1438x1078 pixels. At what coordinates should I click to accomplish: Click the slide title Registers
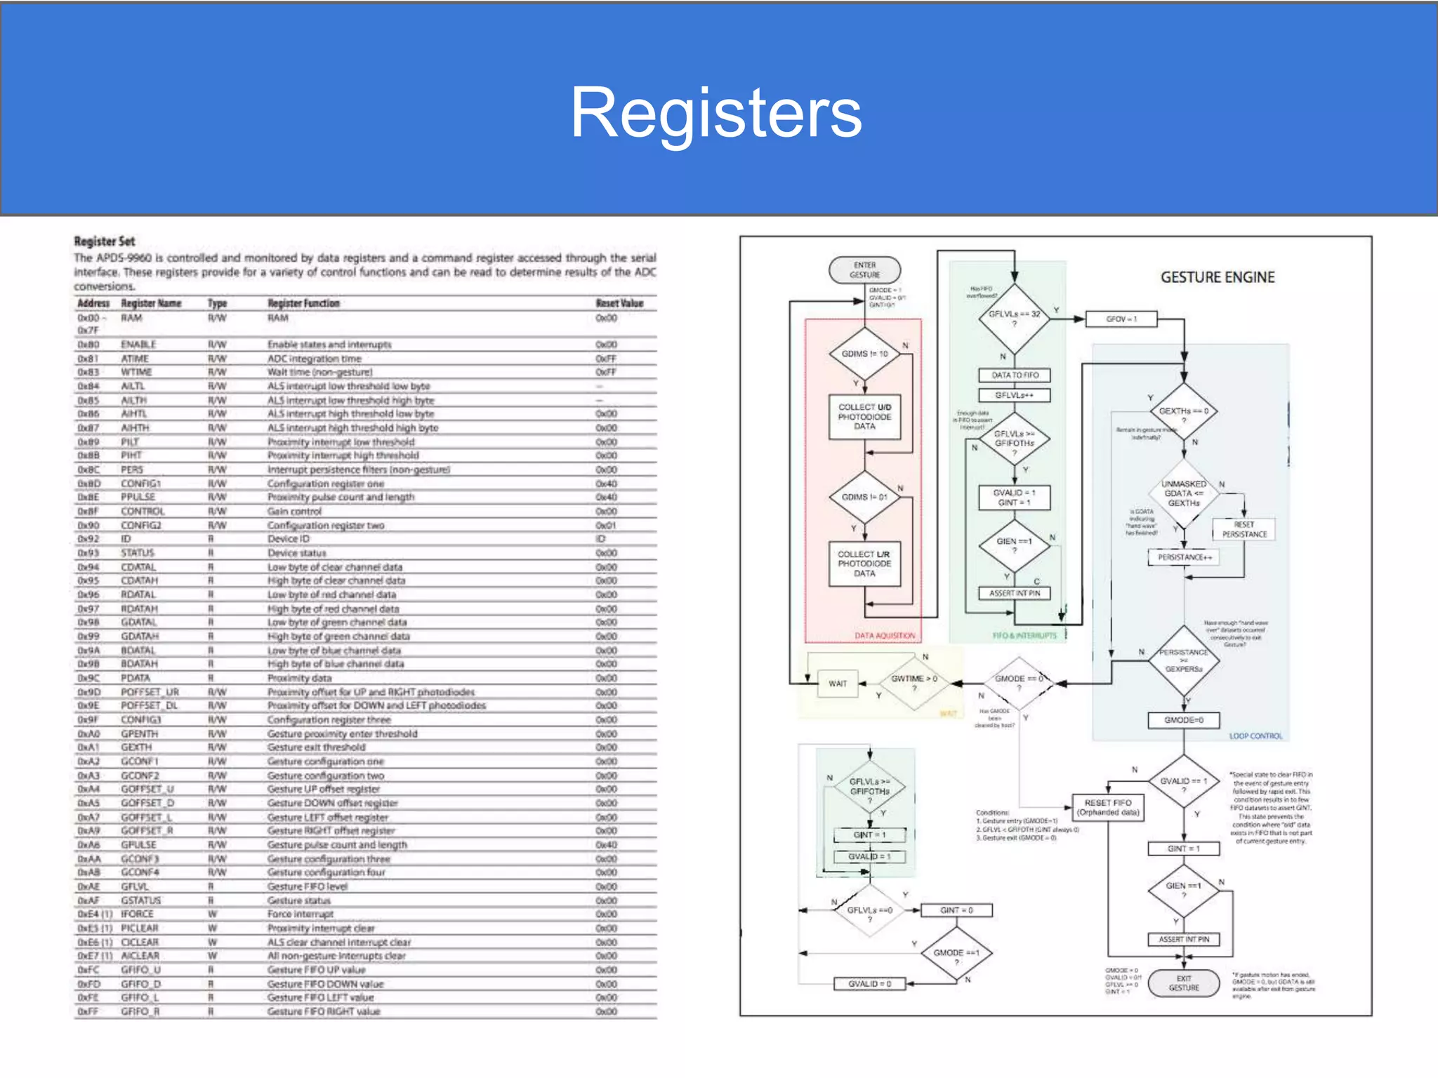pos(715,112)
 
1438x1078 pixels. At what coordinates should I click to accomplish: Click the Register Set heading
pos(105,241)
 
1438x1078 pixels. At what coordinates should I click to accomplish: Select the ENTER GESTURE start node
pos(864,269)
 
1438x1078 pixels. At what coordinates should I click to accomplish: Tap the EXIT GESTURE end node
pos(1183,983)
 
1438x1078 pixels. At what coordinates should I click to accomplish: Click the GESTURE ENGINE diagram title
pos(1217,277)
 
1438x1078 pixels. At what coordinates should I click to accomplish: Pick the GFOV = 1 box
pos(1121,319)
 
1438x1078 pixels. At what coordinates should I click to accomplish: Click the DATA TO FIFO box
pos(1015,375)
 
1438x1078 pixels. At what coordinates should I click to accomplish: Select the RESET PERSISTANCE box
pos(1244,529)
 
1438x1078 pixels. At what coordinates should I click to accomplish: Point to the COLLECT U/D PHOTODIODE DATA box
pos(864,417)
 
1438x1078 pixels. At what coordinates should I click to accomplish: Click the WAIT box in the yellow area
pos(838,684)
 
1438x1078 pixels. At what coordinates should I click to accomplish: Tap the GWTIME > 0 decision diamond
pos(913,683)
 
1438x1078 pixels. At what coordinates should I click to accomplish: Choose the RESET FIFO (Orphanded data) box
pos(1108,807)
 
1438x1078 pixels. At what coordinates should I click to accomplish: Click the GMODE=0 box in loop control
pos(1183,720)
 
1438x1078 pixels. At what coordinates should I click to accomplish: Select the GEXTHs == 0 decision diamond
pos(1183,412)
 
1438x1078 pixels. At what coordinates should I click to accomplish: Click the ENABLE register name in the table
pos(138,345)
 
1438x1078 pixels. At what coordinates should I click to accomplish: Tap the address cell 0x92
pos(85,539)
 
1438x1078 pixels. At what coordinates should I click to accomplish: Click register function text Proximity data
pos(299,678)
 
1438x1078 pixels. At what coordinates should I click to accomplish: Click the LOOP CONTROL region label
pos(1255,736)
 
